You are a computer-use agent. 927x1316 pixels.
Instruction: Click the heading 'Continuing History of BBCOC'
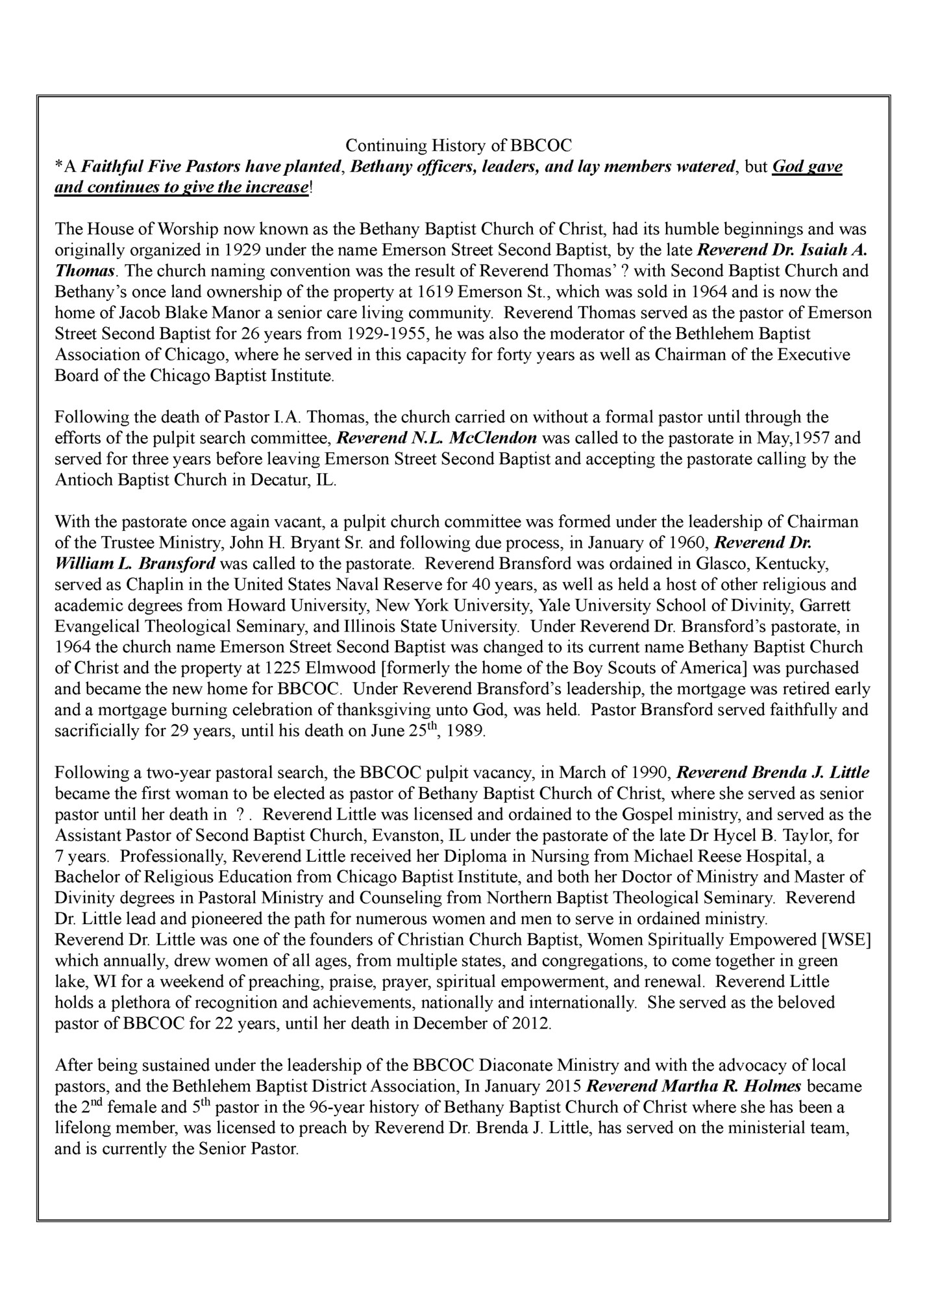click(x=458, y=145)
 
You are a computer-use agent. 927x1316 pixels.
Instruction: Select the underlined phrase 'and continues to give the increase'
click(x=182, y=188)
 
